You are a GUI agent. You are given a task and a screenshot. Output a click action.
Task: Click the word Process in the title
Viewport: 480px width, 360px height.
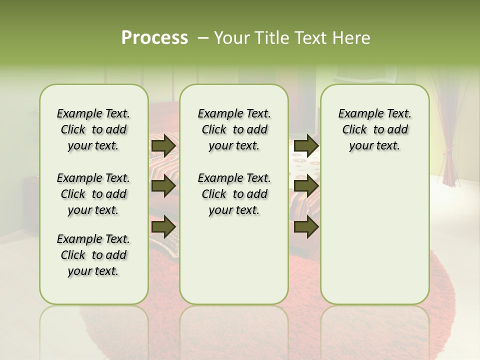coord(154,37)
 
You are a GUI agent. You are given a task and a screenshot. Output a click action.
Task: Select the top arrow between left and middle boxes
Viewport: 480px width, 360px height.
coord(163,146)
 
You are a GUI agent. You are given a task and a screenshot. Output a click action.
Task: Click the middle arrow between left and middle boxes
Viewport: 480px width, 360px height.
coord(163,186)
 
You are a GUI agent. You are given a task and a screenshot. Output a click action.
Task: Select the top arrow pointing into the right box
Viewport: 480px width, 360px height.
coord(306,146)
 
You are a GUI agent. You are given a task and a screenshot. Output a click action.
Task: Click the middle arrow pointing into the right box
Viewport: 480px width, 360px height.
coord(306,186)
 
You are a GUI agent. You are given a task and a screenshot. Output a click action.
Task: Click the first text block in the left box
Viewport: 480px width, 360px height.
coord(93,129)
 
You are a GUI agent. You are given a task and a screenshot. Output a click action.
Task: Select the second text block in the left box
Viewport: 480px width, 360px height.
coord(93,194)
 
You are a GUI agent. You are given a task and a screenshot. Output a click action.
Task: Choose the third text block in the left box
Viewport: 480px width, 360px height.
coord(93,255)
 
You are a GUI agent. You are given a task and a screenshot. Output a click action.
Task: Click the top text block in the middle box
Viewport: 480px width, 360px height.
coord(234,129)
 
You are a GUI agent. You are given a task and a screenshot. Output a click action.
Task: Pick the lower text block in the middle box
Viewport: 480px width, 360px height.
coord(234,194)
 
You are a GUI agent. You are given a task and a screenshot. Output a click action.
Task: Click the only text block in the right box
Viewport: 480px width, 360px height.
coord(374,129)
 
